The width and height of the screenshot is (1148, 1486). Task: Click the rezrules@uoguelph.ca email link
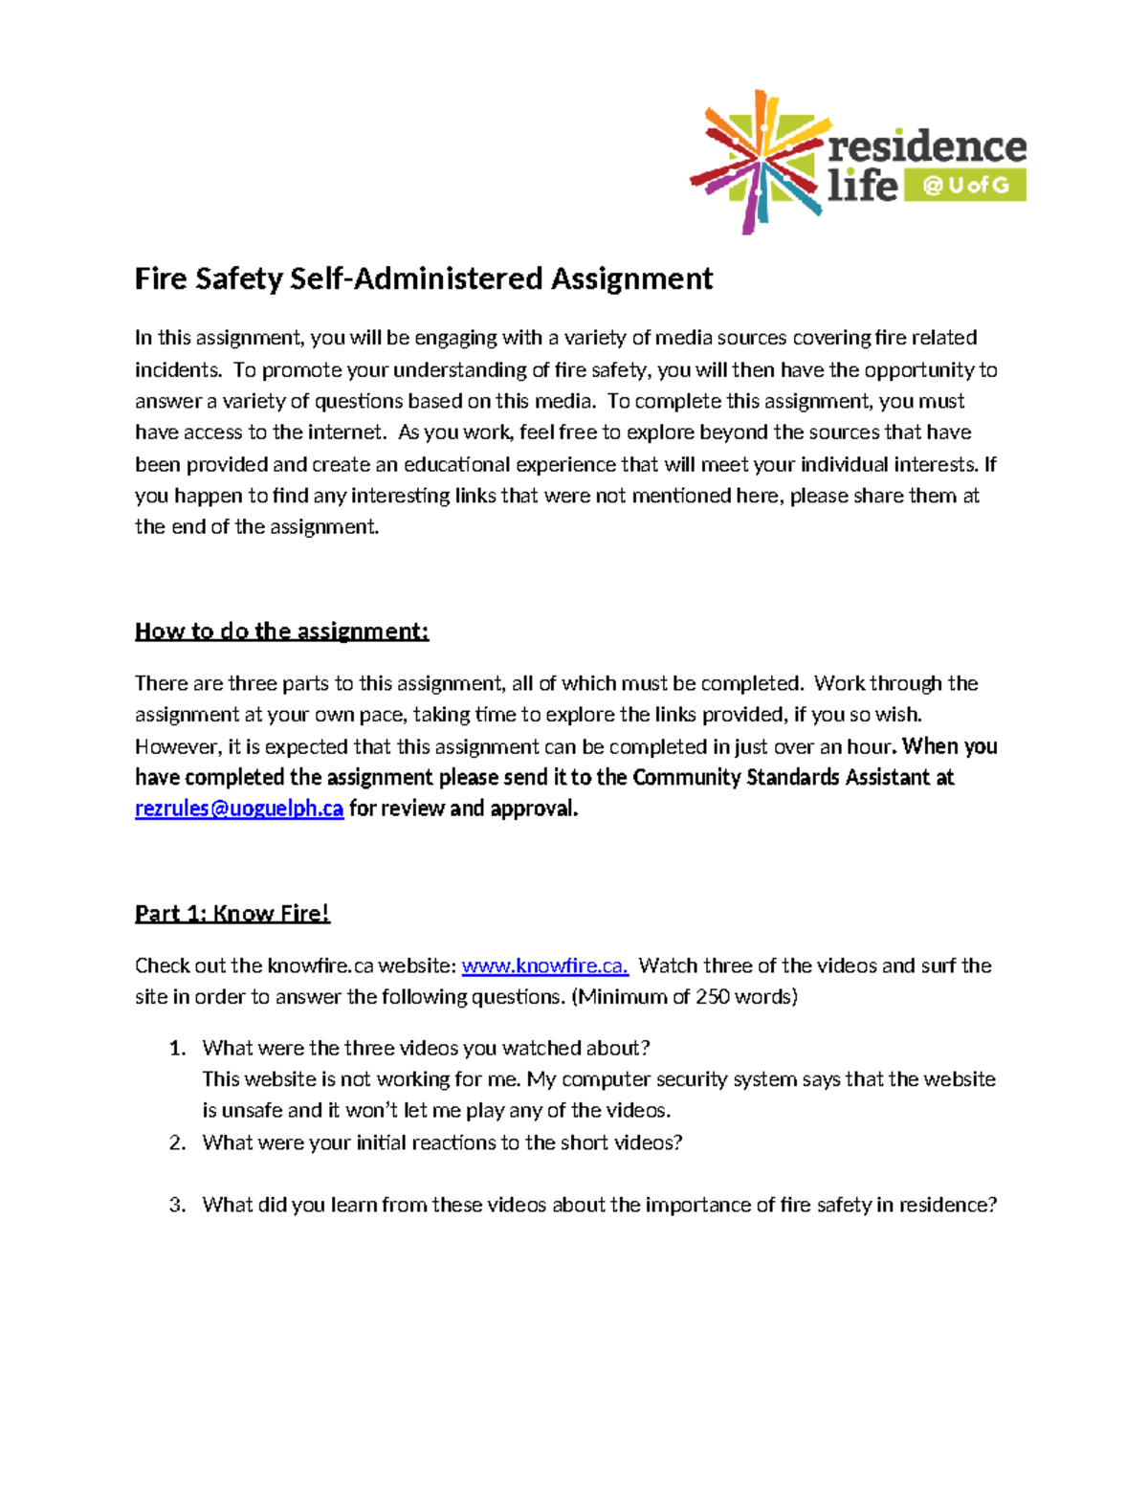(x=239, y=809)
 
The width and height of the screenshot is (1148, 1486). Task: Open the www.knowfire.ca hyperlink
(x=544, y=965)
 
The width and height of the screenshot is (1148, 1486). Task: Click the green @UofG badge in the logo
(x=966, y=185)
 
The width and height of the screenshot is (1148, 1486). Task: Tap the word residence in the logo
(x=926, y=146)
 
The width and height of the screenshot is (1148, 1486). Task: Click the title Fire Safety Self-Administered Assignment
(x=424, y=278)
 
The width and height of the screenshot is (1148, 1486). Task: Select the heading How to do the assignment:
(x=281, y=631)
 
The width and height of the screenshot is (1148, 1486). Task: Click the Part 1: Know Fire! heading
(x=232, y=913)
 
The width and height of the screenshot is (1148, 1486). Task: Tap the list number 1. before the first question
(x=177, y=1048)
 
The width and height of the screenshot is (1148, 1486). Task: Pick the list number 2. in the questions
(x=177, y=1142)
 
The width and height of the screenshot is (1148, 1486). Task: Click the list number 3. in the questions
(x=177, y=1205)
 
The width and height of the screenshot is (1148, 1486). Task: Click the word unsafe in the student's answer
(x=253, y=1111)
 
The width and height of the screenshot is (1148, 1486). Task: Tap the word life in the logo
(x=862, y=185)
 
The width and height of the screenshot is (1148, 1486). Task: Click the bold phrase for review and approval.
(x=464, y=809)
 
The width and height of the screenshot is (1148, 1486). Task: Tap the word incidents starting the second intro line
(x=177, y=370)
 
